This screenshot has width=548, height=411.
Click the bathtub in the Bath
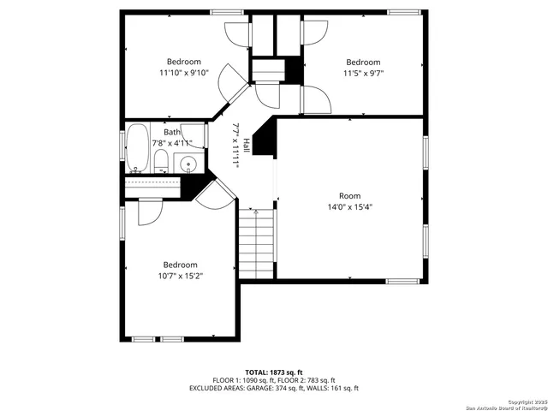tap(138, 149)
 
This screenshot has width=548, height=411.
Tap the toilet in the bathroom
tap(161, 161)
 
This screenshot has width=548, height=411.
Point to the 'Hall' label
tap(246, 145)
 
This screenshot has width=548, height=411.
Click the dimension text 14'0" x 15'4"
tap(349, 206)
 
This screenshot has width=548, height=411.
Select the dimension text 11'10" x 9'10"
tap(183, 74)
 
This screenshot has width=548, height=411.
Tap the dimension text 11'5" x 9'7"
tap(362, 74)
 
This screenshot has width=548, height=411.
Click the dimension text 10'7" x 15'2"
tap(181, 276)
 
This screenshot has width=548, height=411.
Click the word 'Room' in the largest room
tap(349, 195)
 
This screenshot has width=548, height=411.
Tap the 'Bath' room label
tap(172, 132)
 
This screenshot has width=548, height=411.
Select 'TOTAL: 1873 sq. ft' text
tap(273, 372)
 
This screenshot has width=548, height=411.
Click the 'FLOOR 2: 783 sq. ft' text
tap(305, 379)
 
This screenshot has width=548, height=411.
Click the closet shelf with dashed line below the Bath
tap(154, 181)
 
